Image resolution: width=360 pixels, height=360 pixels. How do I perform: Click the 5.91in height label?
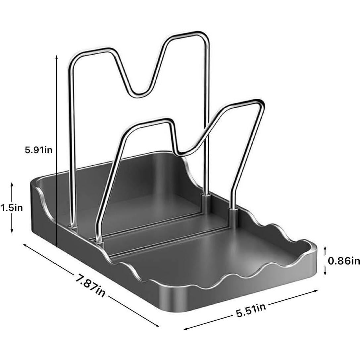click(38, 150)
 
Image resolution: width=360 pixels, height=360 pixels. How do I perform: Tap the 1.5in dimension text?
click(12, 208)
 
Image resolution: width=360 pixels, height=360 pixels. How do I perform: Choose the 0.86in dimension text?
click(344, 261)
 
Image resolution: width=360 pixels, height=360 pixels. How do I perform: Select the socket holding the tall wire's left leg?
click(73, 227)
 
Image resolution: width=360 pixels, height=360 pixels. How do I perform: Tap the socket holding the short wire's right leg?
click(233, 209)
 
